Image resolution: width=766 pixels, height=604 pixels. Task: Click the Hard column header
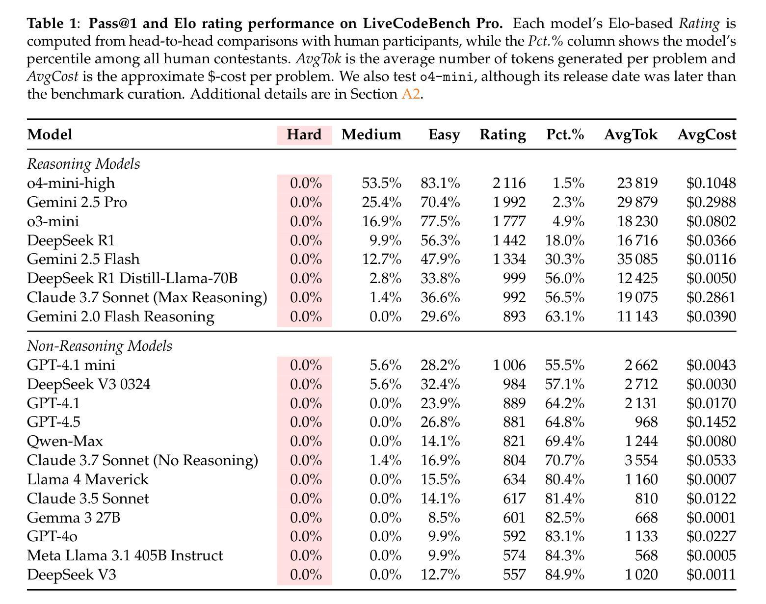click(x=304, y=134)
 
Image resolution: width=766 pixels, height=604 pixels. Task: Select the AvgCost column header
click(x=707, y=134)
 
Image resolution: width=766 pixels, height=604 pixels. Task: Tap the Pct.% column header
click(x=565, y=134)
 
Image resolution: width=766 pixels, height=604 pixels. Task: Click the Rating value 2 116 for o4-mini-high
click(x=509, y=183)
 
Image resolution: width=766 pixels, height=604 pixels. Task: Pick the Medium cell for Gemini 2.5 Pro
click(x=382, y=202)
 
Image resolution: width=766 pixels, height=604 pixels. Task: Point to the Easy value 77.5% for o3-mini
click(x=440, y=221)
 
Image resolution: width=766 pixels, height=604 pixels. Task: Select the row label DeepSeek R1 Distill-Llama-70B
click(x=132, y=278)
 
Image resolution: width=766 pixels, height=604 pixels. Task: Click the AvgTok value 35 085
click(x=637, y=259)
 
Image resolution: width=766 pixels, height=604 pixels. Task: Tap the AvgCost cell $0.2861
click(x=711, y=297)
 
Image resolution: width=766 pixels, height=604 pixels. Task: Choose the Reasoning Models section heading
click(x=83, y=164)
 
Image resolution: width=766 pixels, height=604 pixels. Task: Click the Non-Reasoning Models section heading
click(x=100, y=346)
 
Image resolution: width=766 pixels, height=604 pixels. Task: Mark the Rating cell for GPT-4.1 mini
click(x=509, y=365)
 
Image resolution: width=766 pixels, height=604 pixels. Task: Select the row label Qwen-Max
click(x=65, y=441)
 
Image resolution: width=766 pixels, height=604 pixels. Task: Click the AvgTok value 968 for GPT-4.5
click(x=646, y=422)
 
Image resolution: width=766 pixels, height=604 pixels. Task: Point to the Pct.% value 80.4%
click(x=565, y=479)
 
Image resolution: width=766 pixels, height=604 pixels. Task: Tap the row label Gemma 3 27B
click(x=74, y=518)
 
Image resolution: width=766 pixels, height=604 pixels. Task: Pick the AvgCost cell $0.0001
click(x=711, y=518)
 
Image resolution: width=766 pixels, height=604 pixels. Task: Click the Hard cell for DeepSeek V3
click(x=306, y=575)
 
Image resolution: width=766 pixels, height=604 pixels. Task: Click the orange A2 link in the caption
click(x=411, y=94)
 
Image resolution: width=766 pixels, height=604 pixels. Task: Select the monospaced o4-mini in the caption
click(x=447, y=77)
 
